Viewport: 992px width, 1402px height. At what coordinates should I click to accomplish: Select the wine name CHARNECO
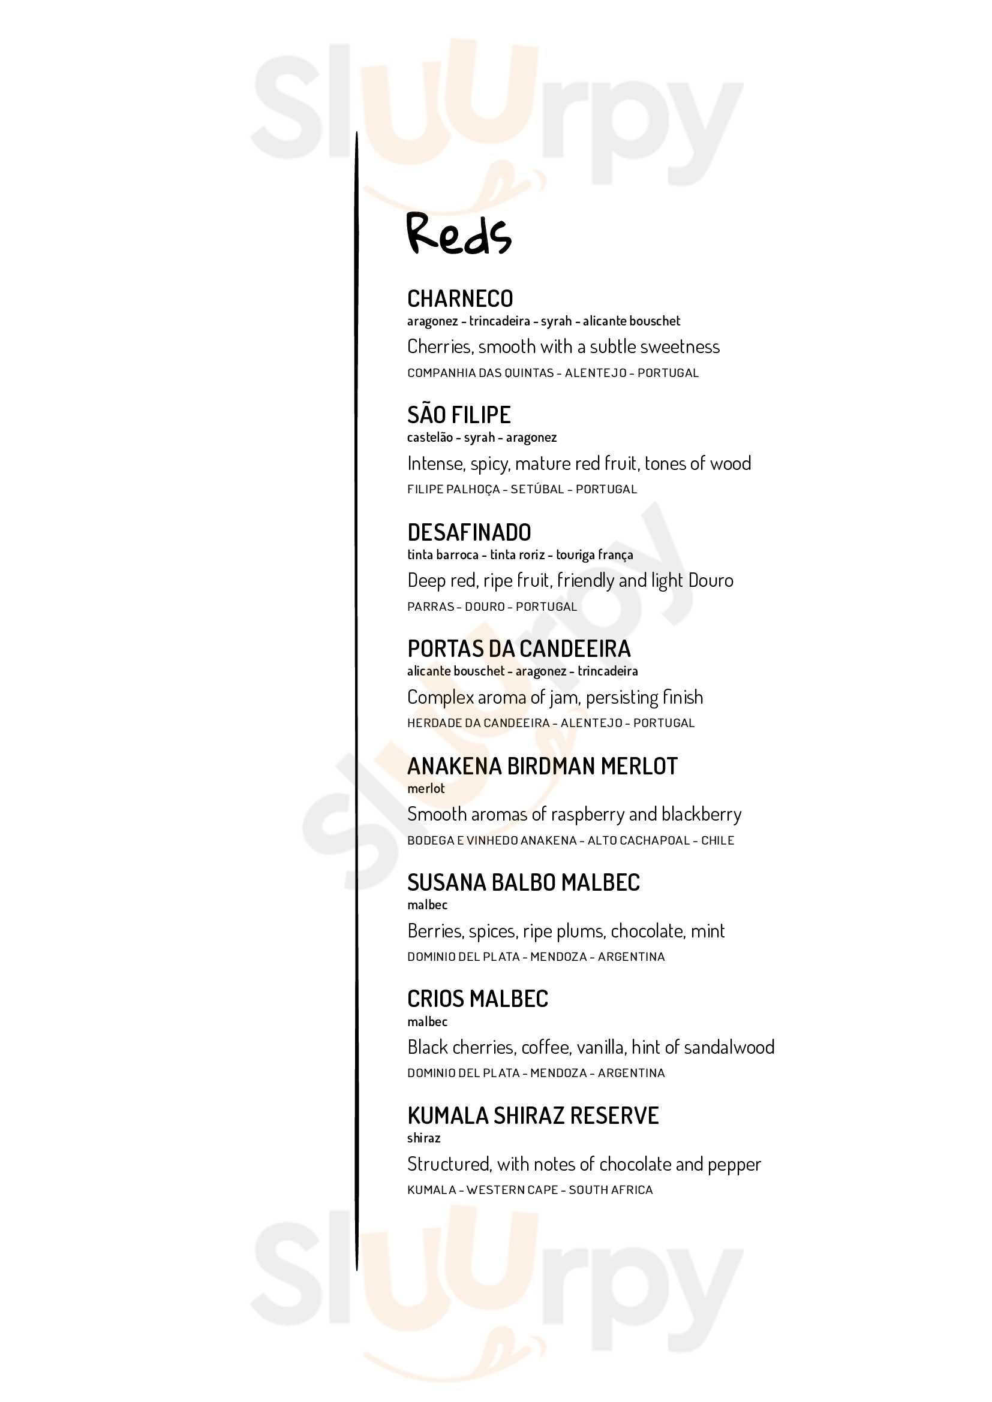pyautogui.click(x=460, y=299)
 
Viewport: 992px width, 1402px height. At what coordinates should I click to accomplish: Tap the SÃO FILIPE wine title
pyautogui.click(x=459, y=415)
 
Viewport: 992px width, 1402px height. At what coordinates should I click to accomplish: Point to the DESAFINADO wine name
pyautogui.click(x=469, y=532)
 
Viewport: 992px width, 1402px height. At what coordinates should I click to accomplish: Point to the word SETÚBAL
pyautogui.click(x=537, y=489)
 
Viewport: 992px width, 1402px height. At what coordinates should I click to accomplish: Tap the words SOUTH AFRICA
pyautogui.click(x=610, y=1189)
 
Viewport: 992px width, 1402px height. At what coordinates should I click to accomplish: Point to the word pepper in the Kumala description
pyautogui.click(x=734, y=1165)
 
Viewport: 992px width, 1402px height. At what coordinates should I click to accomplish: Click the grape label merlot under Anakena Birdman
pyautogui.click(x=426, y=788)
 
